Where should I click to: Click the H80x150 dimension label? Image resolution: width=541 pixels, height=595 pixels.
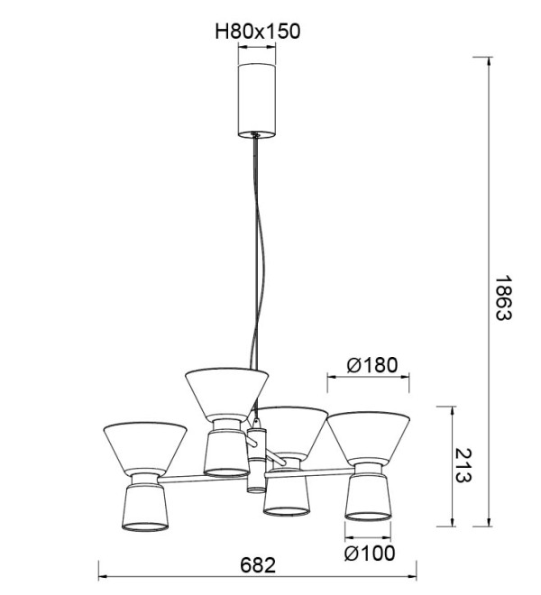pos(257,32)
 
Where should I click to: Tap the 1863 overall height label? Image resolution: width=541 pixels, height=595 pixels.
pos(505,297)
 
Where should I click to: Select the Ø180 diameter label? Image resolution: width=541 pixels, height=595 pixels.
pos(372,365)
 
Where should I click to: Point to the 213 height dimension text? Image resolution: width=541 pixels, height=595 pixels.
pos(463,465)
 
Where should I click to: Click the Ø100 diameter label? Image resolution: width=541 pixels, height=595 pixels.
pos(370,553)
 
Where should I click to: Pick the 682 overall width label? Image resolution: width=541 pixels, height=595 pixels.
pos(258,565)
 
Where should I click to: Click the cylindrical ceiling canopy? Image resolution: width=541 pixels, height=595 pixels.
pos(257,100)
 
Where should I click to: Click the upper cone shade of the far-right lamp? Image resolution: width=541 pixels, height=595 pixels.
pos(368,437)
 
